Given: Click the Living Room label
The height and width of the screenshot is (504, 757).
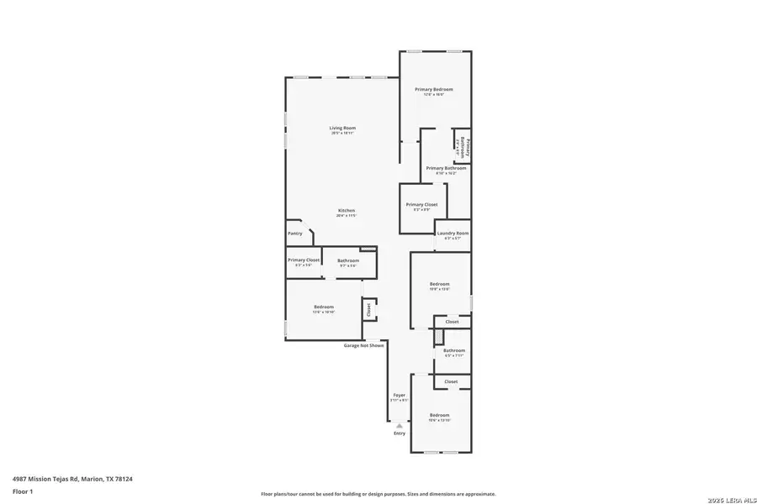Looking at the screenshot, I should (x=342, y=128).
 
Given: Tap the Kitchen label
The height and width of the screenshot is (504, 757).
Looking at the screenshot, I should (x=347, y=210).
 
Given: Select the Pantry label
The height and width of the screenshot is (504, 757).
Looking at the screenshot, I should (x=294, y=234).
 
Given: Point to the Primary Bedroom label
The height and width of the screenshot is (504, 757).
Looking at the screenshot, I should (x=434, y=89).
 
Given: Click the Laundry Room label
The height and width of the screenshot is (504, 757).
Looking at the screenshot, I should (x=453, y=233).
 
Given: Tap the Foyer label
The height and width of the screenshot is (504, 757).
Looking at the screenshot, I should (x=399, y=395).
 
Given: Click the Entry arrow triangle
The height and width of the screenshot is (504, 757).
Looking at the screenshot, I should (x=400, y=426).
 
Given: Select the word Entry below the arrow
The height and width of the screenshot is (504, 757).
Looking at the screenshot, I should (x=400, y=433).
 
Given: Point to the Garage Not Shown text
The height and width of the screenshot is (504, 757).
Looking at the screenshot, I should (x=364, y=345).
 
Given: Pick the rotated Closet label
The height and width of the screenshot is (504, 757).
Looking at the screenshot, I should (x=368, y=309).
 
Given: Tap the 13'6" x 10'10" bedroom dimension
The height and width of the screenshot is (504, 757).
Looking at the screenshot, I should (x=325, y=312).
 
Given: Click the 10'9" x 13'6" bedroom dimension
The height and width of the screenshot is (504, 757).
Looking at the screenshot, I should (x=440, y=289).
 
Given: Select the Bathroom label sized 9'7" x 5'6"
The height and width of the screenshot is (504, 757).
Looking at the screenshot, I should (x=348, y=260).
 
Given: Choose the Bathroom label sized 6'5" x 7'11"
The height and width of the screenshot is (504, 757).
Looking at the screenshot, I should (x=454, y=350).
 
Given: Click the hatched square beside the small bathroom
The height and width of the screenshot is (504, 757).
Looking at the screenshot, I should (x=437, y=336).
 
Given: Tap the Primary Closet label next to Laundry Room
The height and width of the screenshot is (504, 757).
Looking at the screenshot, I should (x=421, y=204).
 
